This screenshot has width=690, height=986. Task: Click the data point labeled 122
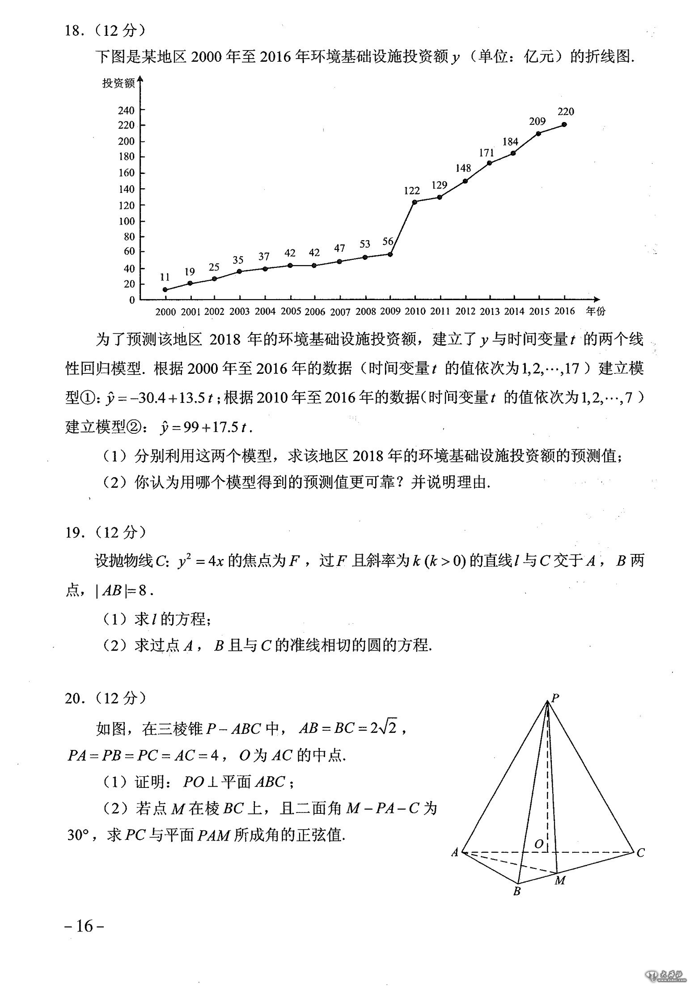415,202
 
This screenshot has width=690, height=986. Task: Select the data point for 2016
564,124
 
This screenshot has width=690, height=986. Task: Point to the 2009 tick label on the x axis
390,311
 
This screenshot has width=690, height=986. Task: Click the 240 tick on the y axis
126,110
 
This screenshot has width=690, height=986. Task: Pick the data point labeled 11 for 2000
165,289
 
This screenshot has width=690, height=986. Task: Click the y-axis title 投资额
118,83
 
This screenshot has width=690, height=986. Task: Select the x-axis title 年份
595,311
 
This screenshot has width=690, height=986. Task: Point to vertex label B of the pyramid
517,891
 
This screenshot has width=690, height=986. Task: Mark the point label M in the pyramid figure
560,880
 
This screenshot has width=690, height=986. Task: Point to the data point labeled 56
390,254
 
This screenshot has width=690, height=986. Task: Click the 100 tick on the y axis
126,221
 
